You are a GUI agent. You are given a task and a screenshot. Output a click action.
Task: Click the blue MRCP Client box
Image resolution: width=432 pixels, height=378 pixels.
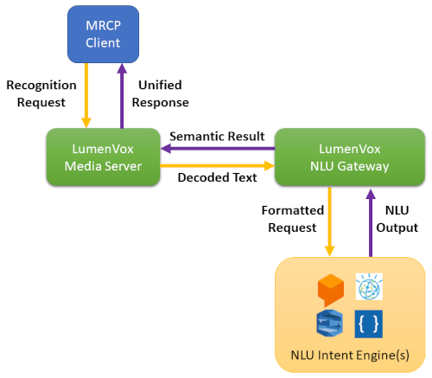pos(103,34)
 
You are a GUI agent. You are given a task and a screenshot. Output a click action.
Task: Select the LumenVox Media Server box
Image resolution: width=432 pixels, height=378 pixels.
pos(103,157)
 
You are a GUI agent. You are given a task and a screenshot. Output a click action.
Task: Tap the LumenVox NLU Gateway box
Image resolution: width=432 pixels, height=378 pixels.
pos(350,157)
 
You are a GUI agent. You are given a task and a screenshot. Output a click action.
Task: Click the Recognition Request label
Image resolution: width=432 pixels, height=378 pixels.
pos(41,93)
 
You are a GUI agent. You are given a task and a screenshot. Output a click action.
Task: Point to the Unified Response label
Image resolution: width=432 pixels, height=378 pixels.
pos(160,93)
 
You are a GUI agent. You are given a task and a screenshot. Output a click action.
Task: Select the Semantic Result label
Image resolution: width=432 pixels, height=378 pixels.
pos(217,136)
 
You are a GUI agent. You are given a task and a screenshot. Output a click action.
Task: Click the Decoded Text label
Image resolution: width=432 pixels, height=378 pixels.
pos(217,177)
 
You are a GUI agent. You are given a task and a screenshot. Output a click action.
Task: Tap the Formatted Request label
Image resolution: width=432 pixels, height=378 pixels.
pos(293,219)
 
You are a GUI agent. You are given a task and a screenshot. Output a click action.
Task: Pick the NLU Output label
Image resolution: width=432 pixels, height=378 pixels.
pos(397,219)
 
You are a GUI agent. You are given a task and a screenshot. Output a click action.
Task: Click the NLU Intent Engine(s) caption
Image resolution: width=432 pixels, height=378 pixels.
pos(350,355)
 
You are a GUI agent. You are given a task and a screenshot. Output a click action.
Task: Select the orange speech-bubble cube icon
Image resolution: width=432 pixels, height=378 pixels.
pos(331,290)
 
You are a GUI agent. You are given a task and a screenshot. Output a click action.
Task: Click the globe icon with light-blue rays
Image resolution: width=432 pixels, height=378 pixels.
pos(369,286)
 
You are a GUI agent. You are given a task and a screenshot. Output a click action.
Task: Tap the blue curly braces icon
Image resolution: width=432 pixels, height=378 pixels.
pos(369,324)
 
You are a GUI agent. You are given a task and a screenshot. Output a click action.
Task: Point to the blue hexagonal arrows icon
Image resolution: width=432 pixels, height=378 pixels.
pos(329,324)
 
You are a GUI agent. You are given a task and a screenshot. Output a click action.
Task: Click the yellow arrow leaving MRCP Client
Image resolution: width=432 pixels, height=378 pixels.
pos(86,95)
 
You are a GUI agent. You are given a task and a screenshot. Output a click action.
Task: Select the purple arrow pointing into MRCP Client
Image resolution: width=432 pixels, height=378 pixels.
pos(122,96)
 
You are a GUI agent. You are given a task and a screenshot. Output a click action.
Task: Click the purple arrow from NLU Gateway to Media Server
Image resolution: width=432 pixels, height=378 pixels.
pos(218,149)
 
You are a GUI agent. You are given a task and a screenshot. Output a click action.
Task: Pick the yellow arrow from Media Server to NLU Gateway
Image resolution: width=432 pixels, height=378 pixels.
pos(218,166)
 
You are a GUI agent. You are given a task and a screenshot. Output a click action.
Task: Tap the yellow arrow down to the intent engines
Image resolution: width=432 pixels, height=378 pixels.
pos(329,221)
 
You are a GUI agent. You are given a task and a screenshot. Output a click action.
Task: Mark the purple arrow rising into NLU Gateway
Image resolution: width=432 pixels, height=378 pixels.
pos(371,222)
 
